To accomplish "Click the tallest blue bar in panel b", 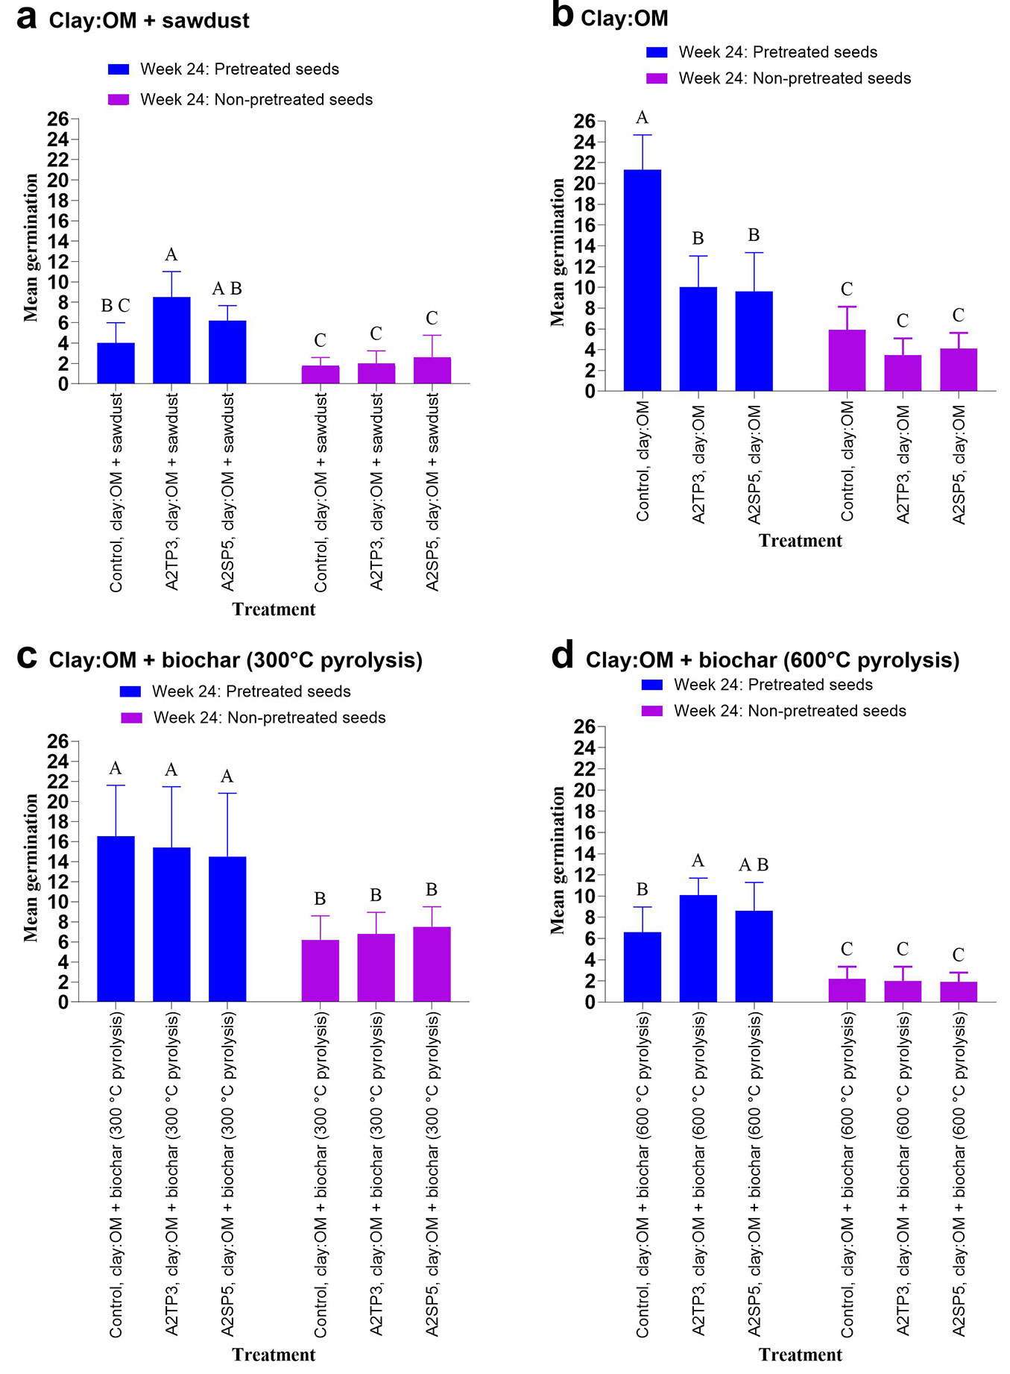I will click(x=642, y=280).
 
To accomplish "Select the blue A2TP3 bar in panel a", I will click(x=171, y=340).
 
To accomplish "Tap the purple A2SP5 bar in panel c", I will click(x=432, y=964).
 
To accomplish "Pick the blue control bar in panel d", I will click(x=642, y=967).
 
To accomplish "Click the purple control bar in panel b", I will click(x=847, y=360).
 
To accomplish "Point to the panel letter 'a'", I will click(x=27, y=18).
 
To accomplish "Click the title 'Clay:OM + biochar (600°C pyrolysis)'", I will click(x=772, y=660).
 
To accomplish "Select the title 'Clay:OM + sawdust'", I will click(x=149, y=21).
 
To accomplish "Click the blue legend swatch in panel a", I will click(x=119, y=69).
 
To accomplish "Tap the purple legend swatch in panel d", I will click(x=652, y=711).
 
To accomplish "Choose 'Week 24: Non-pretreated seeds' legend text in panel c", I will click(x=269, y=718).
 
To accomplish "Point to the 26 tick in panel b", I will click(x=584, y=121).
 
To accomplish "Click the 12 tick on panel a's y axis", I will click(x=58, y=262).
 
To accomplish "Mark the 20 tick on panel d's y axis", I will click(x=584, y=790).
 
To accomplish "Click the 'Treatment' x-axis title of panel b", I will click(x=800, y=541).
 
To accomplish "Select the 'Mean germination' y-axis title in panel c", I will click(x=31, y=868).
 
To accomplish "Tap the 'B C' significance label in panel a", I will click(x=116, y=306).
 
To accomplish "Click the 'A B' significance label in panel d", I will click(x=754, y=865).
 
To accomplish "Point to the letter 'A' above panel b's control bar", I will click(x=642, y=118).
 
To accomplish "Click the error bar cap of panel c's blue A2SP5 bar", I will click(x=227, y=793).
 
